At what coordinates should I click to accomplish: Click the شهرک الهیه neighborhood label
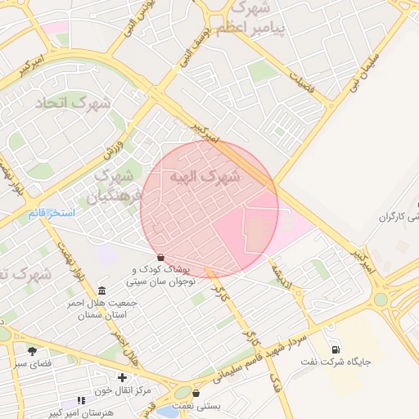coord(205,177)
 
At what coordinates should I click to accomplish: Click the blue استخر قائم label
coord(51,214)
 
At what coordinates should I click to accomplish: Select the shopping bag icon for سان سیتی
coord(160,257)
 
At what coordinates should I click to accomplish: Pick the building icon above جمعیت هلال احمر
coord(101,291)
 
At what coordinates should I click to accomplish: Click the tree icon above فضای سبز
coord(32,350)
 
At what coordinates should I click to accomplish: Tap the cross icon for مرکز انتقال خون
coord(122,377)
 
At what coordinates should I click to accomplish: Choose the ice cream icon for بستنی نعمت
coord(196,393)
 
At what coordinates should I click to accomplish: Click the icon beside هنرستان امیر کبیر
coord(80,400)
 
